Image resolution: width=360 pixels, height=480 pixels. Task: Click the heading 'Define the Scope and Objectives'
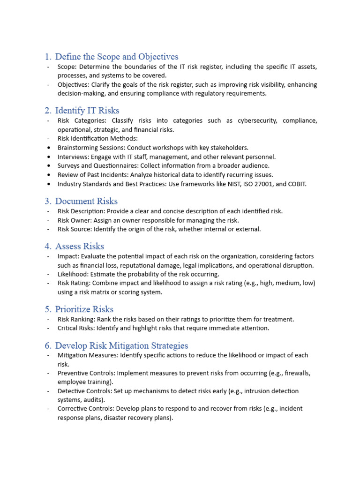pos(116,57)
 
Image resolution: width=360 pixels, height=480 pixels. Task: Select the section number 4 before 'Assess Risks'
pos(48,246)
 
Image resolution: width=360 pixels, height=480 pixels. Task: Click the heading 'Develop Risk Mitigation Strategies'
pos(121,345)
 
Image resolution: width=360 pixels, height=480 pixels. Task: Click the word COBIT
pos(295,184)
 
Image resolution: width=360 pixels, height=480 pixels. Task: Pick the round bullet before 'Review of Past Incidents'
pos(49,175)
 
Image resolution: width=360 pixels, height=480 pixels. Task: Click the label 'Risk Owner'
pos(74,220)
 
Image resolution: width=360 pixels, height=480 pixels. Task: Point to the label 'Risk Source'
pos(75,229)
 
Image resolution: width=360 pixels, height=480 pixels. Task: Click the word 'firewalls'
pos(297,373)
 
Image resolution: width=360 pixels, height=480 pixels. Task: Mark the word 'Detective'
pos(72,391)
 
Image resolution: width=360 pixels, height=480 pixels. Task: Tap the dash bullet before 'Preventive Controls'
pos(48,373)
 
